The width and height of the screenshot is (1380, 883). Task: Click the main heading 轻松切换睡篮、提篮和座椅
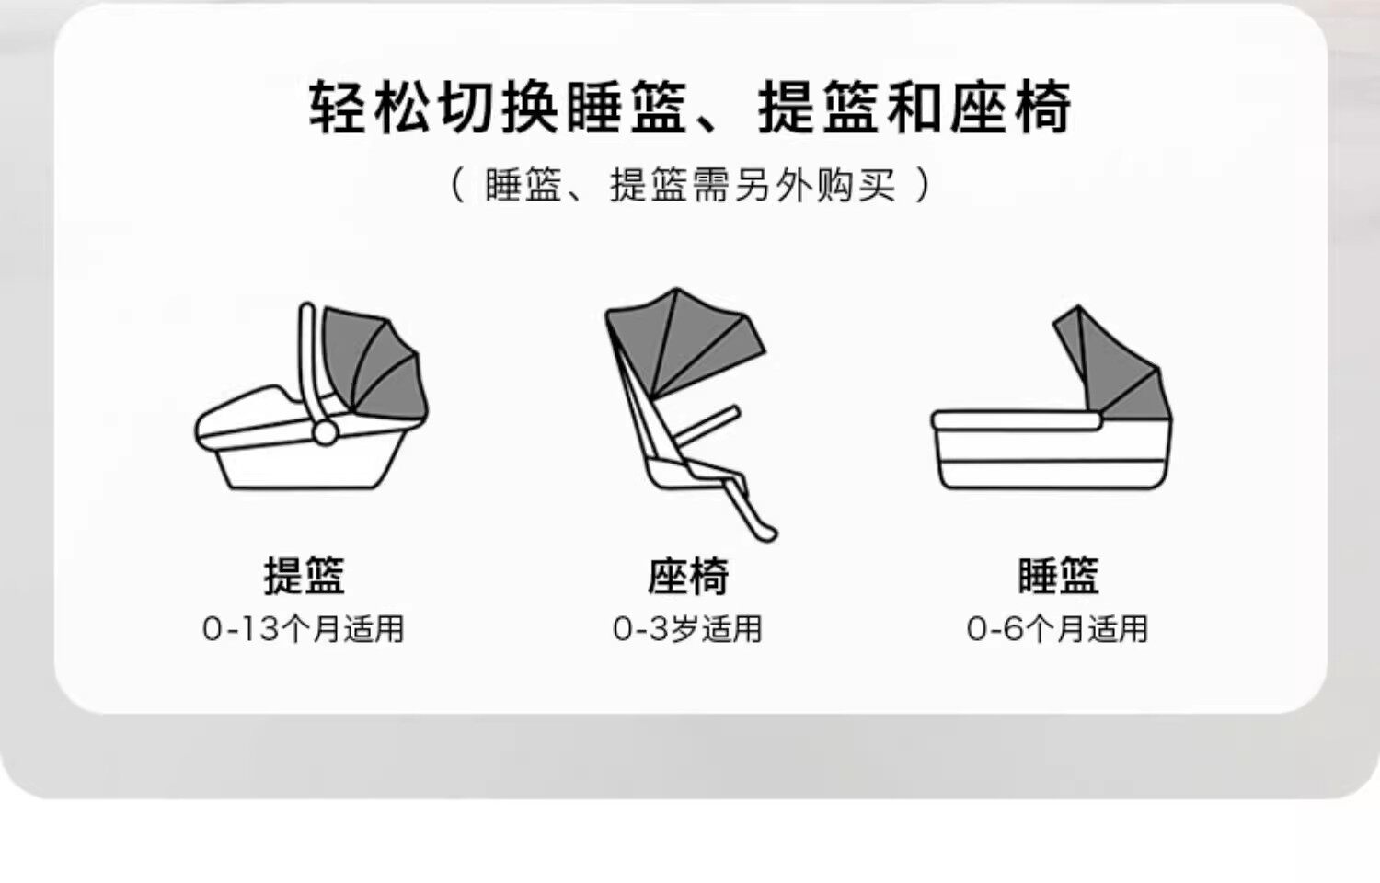[690, 108]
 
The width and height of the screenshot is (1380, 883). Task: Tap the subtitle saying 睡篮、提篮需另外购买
[690, 186]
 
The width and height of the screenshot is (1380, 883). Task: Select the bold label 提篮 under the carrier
[304, 577]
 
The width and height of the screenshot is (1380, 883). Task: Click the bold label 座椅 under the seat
[688, 577]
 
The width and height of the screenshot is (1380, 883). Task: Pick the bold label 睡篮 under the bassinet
[1058, 577]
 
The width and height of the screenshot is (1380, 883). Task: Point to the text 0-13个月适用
[304, 629]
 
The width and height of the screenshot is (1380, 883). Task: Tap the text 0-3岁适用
[688, 629]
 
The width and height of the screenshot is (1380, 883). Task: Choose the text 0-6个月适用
[1058, 629]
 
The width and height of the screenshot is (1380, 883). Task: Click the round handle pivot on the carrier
[325, 431]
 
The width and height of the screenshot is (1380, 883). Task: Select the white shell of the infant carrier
[304, 464]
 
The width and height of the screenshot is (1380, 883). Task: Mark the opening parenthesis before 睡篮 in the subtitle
[457, 186]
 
